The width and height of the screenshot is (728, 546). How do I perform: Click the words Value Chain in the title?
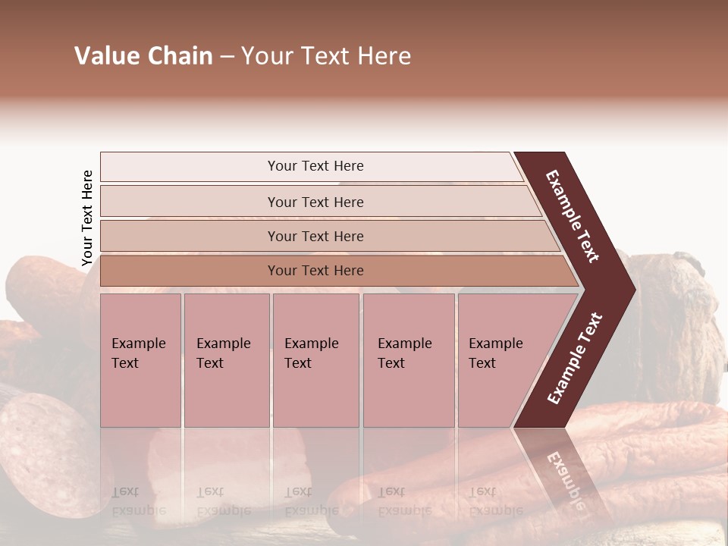[x=143, y=56]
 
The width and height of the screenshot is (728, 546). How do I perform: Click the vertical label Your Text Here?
[x=87, y=218]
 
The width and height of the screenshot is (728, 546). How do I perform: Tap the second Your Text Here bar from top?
[x=315, y=202]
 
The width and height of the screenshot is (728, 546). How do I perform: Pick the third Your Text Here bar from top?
[x=315, y=236]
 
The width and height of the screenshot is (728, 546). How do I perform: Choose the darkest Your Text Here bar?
[x=315, y=271]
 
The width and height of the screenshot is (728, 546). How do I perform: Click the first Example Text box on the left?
[x=140, y=359]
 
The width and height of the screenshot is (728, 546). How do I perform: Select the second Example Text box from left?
[x=226, y=359]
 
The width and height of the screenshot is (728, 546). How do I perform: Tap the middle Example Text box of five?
[x=315, y=359]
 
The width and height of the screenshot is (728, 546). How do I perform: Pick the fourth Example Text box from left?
[x=408, y=359]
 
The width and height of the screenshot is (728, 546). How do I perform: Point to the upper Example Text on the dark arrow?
[x=573, y=216]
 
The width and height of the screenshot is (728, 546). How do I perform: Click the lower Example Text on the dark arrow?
[x=574, y=358]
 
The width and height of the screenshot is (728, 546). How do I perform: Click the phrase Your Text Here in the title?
[x=326, y=56]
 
